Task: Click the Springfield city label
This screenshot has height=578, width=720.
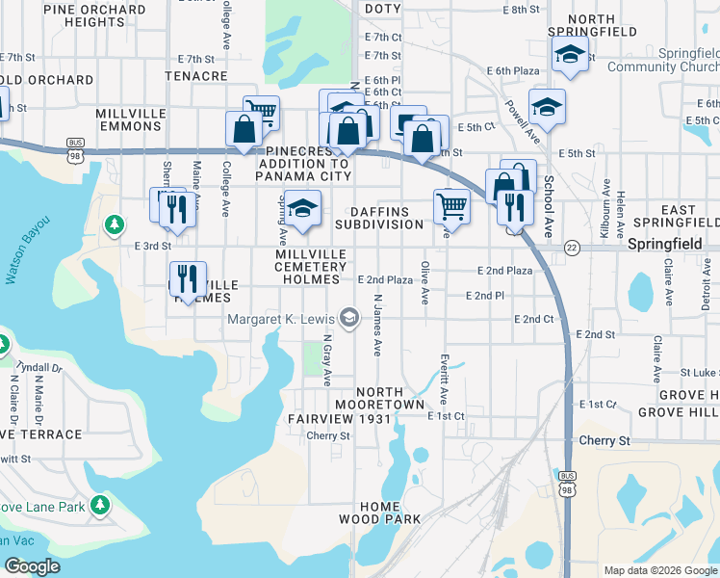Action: point(665,245)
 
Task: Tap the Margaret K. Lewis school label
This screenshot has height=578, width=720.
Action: point(282,319)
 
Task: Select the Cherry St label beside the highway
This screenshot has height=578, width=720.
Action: point(604,440)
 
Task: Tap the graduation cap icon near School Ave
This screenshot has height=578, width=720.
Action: point(547,109)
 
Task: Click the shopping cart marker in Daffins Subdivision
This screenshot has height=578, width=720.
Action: point(451,205)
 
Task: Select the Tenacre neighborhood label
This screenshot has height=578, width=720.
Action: point(195,75)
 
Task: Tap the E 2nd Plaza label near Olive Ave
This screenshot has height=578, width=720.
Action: point(385,279)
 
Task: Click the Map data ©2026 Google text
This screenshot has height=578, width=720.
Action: point(660,570)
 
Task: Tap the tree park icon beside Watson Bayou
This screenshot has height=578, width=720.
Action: point(115,224)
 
